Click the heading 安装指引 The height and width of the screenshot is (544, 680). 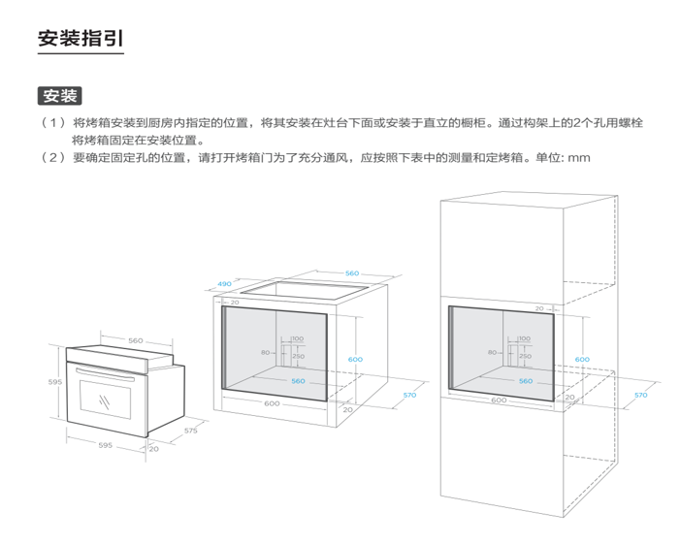(80, 39)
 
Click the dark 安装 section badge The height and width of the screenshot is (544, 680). (59, 96)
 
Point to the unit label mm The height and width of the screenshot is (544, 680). (579, 157)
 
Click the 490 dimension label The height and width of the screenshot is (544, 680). (224, 284)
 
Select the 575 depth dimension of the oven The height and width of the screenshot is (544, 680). (190, 429)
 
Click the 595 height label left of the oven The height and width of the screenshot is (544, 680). (55, 382)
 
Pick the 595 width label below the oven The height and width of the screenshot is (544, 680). (105, 446)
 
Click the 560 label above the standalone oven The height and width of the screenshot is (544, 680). (135, 340)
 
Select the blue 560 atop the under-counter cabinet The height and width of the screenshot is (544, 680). (351, 273)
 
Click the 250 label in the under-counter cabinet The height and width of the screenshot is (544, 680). (298, 356)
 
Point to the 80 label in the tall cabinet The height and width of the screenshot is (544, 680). (493, 353)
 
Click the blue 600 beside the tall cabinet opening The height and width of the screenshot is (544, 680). (581, 360)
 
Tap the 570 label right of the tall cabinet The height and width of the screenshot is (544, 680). (640, 395)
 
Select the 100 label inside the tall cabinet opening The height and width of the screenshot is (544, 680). (524, 338)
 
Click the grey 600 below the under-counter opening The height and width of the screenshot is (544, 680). (272, 403)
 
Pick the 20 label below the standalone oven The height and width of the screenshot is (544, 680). (153, 449)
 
